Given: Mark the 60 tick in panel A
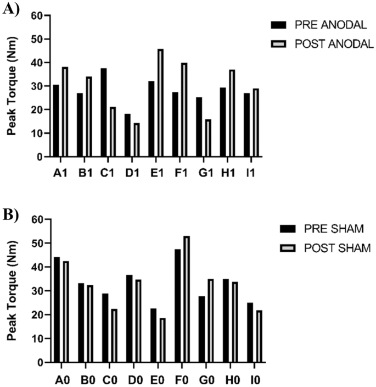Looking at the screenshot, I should [x=36, y=16].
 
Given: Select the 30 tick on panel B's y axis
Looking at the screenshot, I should [x=36, y=291].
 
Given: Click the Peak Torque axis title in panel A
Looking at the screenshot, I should [x=11, y=86].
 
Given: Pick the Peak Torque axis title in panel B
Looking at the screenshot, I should [x=11, y=291].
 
